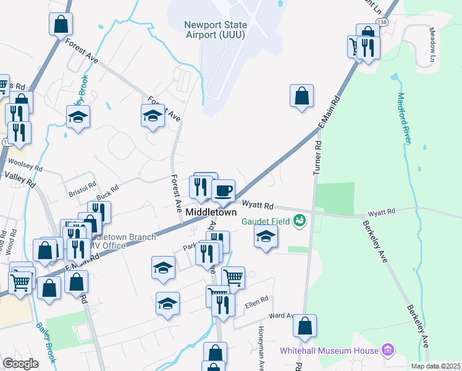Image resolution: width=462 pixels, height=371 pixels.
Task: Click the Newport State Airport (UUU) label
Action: click(x=216, y=29)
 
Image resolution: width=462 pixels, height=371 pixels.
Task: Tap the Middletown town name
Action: click(x=212, y=212)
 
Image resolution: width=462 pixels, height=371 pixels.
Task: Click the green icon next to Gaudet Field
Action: click(x=300, y=220)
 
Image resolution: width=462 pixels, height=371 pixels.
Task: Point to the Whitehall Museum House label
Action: click(x=329, y=351)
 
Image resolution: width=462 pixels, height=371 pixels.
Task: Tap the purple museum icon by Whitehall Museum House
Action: click(x=387, y=350)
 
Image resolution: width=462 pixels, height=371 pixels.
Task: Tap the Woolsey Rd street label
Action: click(x=25, y=164)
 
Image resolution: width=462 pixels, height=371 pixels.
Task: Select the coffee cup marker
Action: click(x=223, y=189)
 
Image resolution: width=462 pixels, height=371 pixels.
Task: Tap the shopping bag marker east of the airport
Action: click(x=301, y=96)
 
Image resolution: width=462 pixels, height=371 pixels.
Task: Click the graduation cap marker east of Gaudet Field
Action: click(x=266, y=236)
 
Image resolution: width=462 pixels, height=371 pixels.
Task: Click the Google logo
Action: click(x=21, y=363)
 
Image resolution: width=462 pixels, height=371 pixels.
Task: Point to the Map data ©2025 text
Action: click(x=435, y=366)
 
